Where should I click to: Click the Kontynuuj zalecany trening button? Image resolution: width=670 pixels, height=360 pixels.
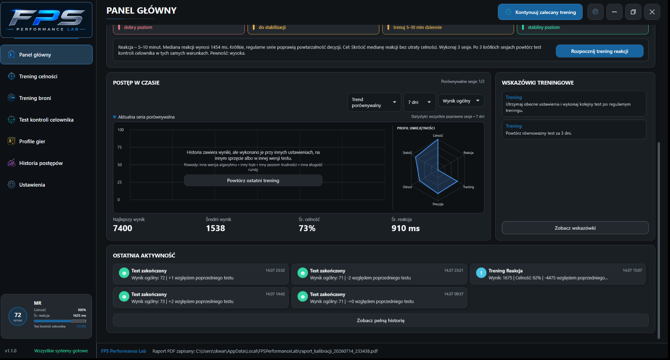click(540, 12)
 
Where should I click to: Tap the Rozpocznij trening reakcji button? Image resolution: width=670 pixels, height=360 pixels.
click(599, 51)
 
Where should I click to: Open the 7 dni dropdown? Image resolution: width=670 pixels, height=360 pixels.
click(419, 102)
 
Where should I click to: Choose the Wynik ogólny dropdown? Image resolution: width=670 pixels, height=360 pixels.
click(461, 101)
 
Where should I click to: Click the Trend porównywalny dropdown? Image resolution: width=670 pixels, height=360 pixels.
click(374, 102)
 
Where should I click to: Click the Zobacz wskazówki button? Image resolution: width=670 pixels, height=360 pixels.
click(575, 228)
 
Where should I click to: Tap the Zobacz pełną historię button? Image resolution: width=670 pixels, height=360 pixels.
click(381, 320)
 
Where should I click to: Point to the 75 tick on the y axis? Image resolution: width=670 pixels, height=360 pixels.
click(120, 147)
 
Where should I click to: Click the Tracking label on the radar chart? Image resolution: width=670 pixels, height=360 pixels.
click(469, 187)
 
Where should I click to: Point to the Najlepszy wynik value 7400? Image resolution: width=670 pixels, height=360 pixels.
click(123, 228)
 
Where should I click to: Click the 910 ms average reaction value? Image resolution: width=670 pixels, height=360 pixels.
click(406, 228)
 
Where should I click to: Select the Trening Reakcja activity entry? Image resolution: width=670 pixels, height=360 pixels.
click(558, 274)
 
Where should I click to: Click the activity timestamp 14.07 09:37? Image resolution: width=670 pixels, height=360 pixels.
click(454, 294)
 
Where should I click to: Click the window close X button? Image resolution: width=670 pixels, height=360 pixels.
click(652, 12)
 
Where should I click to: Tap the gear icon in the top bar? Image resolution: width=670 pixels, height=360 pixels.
click(595, 12)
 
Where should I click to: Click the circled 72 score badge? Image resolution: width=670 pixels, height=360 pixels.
click(18, 316)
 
